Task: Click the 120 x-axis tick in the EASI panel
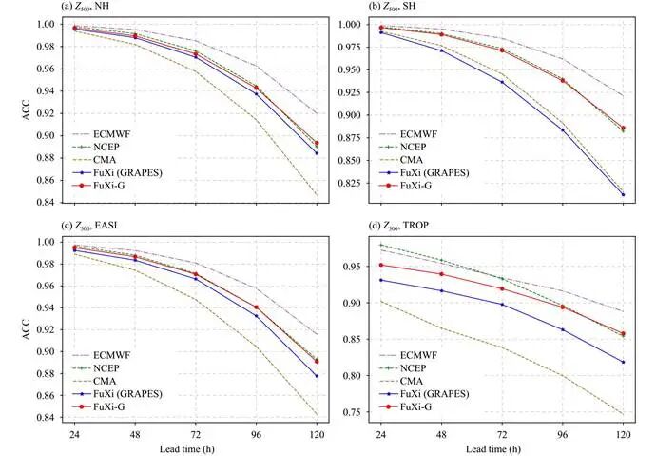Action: click(x=316, y=432)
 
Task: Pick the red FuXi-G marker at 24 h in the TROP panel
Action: click(x=380, y=265)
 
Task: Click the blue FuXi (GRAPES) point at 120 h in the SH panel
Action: click(x=623, y=195)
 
